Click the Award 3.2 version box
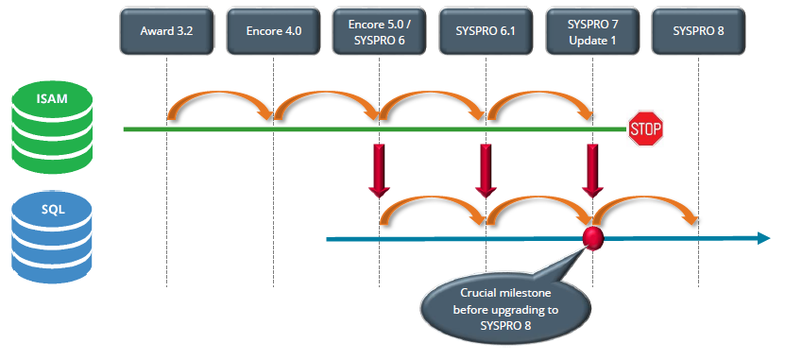[166, 31]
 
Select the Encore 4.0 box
[273, 31]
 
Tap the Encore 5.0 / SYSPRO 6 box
[379, 31]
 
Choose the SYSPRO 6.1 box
[486, 31]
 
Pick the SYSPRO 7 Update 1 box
[592, 31]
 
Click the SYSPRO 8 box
[698, 31]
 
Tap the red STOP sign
[646, 129]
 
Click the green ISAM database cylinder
[52, 129]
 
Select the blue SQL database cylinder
[52, 238]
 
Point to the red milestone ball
[593, 238]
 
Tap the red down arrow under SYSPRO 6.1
[486, 171]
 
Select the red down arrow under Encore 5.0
[379, 171]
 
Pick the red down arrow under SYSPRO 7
[592, 171]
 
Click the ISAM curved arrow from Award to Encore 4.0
[220, 94]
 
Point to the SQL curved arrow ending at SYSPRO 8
[646, 198]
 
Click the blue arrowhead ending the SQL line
[763, 238]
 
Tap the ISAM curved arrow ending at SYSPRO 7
[539, 94]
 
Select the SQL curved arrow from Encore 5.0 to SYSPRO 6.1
[432, 198]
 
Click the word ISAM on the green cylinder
[52, 98]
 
